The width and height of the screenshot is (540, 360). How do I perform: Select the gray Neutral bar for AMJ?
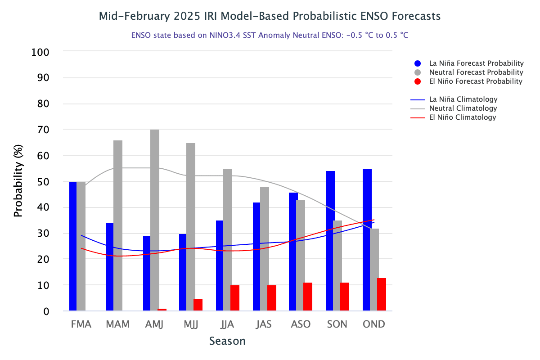point(154,220)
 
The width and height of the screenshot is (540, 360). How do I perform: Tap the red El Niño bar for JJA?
point(234,297)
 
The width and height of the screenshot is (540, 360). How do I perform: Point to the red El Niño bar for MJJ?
point(198,305)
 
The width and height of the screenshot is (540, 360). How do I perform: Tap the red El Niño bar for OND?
point(382,294)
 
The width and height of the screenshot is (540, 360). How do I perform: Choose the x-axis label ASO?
point(301,324)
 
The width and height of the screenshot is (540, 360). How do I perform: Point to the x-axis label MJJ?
point(191,324)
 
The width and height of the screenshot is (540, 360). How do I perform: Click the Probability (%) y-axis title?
point(18,181)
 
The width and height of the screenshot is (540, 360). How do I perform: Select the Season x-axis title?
point(227,341)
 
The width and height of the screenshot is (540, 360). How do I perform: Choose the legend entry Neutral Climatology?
point(463,108)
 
